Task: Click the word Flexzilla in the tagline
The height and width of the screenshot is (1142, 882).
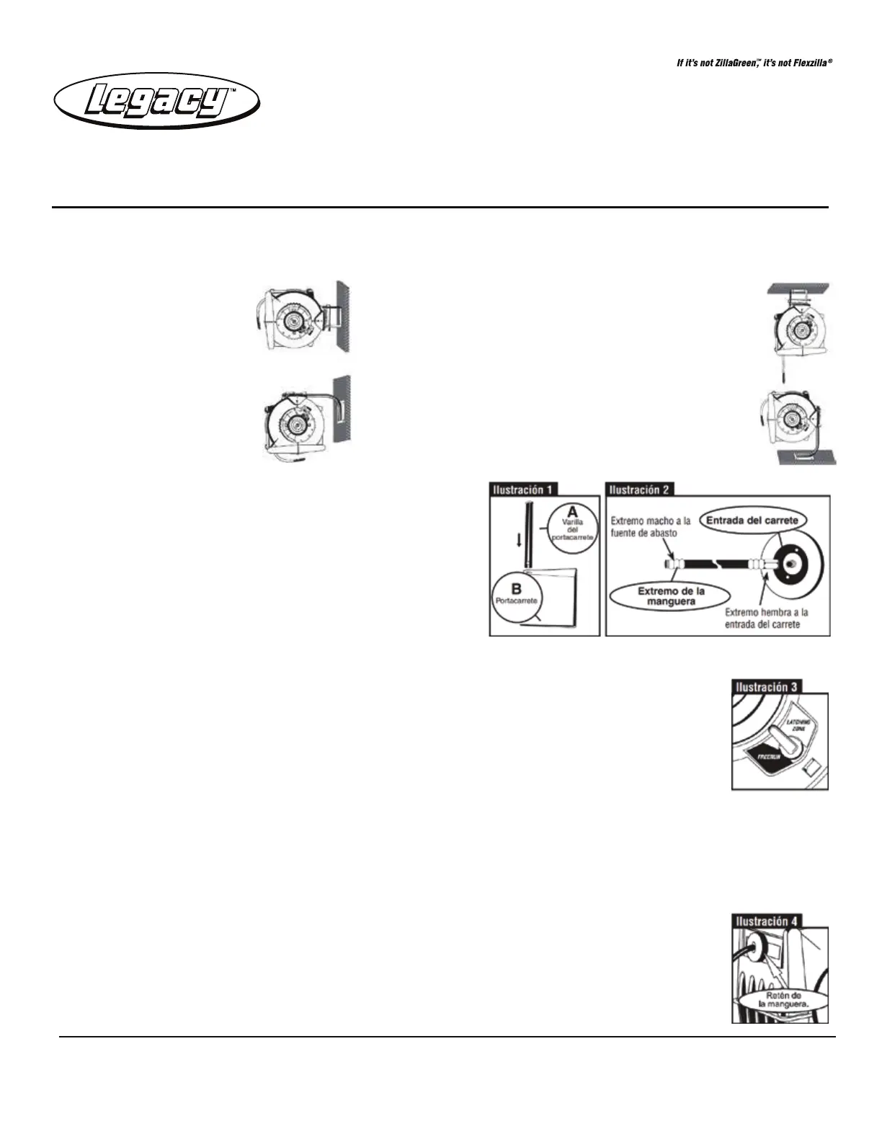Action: pyautogui.click(x=805, y=63)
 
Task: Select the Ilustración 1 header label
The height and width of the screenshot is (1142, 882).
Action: pyautogui.click(x=523, y=490)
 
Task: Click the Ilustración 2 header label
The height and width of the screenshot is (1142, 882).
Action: pyautogui.click(x=639, y=490)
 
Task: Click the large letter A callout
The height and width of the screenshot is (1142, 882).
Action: pyautogui.click(x=573, y=512)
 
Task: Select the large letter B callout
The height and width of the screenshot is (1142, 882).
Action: pyautogui.click(x=516, y=589)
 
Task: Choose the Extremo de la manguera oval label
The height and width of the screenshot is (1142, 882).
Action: pyautogui.click(x=670, y=596)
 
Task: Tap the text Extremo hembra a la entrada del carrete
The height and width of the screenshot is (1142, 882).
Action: pyautogui.click(x=766, y=618)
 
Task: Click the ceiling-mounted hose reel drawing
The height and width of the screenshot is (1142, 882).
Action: pyautogui.click(x=798, y=328)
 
